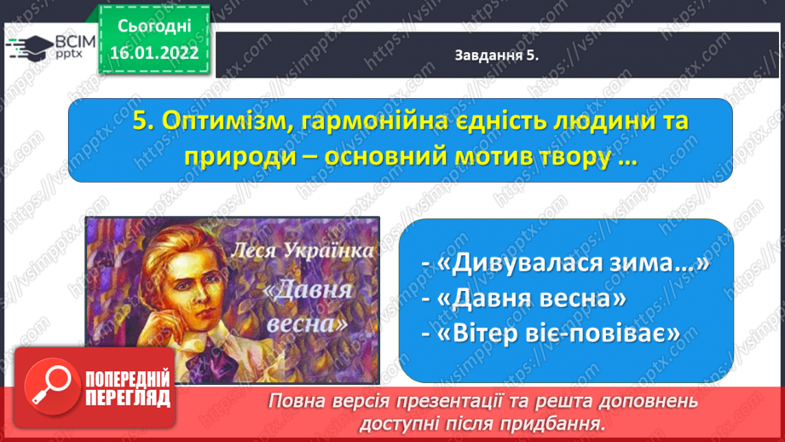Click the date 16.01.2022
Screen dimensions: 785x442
point(154,53)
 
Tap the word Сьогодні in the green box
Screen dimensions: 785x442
point(154,26)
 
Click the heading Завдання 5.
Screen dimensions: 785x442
point(497,55)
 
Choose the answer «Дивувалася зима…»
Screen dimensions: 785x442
point(566,263)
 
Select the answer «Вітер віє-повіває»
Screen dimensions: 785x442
point(551,334)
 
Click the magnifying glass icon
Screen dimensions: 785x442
point(52,386)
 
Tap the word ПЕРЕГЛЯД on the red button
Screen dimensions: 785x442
point(128,398)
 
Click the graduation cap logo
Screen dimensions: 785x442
point(30,48)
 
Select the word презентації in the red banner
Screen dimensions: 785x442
point(437,402)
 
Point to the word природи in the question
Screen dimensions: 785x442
point(242,157)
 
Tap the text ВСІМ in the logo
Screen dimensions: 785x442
point(75,42)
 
